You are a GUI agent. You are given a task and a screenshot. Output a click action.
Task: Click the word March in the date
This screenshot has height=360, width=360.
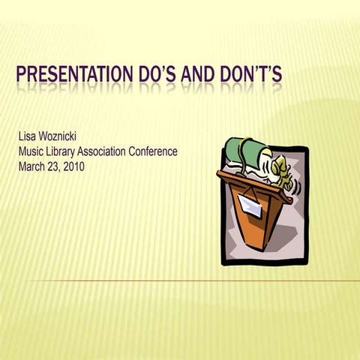pyautogui.click(x=31, y=166)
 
